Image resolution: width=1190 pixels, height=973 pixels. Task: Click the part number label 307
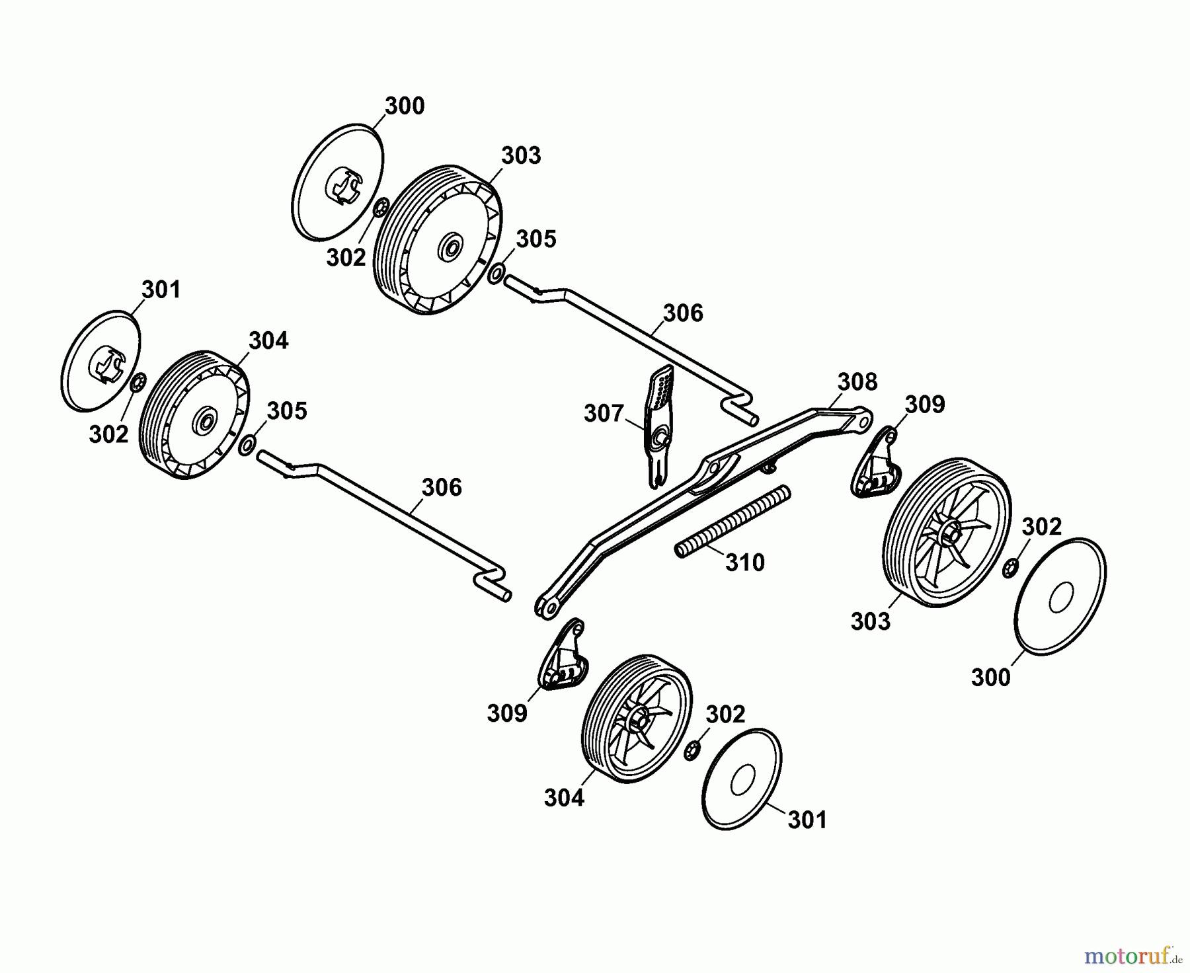tap(604, 414)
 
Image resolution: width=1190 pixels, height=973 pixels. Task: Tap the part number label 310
tap(745, 563)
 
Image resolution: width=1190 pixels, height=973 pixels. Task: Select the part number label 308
tap(857, 381)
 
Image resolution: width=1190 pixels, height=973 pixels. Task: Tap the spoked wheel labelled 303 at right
tap(947, 532)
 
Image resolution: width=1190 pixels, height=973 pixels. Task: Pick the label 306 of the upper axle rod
tap(683, 313)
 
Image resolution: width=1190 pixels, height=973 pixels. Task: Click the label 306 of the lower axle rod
tap(442, 488)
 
